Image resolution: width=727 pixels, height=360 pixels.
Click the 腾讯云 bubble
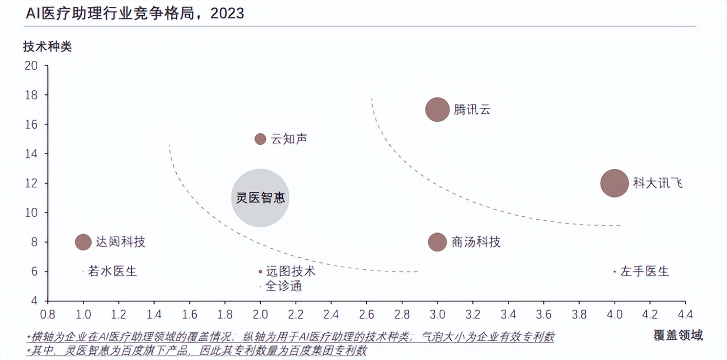point(437,110)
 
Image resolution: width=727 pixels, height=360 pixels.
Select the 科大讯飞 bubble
point(614,183)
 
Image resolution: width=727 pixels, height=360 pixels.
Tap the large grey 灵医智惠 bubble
point(260,198)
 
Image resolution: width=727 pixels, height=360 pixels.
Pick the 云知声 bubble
point(260,139)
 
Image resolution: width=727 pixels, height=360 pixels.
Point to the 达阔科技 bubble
point(83,242)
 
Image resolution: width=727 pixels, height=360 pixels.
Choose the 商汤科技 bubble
point(437,242)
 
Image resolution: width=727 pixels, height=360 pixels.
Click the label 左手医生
point(645,271)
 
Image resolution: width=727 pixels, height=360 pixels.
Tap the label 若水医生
point(112,271)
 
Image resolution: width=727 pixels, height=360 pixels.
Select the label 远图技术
point(291,271)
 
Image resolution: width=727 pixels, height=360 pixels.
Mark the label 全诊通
point(284,286)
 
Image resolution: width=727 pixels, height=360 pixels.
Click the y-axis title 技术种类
point(47,46)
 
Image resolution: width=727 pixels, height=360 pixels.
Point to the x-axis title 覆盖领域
point(678,335)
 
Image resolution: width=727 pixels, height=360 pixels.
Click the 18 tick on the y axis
point(31,95)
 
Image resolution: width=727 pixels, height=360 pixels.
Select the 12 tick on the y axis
point(31,183)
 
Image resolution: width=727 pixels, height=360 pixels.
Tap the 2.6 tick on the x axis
point(367,314)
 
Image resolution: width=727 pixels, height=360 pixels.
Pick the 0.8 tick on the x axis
point(48,314)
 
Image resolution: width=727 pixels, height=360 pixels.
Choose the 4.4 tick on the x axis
point(685,314)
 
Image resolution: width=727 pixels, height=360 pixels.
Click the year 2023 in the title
point(227,13)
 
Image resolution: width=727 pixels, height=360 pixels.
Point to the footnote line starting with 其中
point(196,351)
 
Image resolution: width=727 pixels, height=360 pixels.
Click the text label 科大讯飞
point(658,183)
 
